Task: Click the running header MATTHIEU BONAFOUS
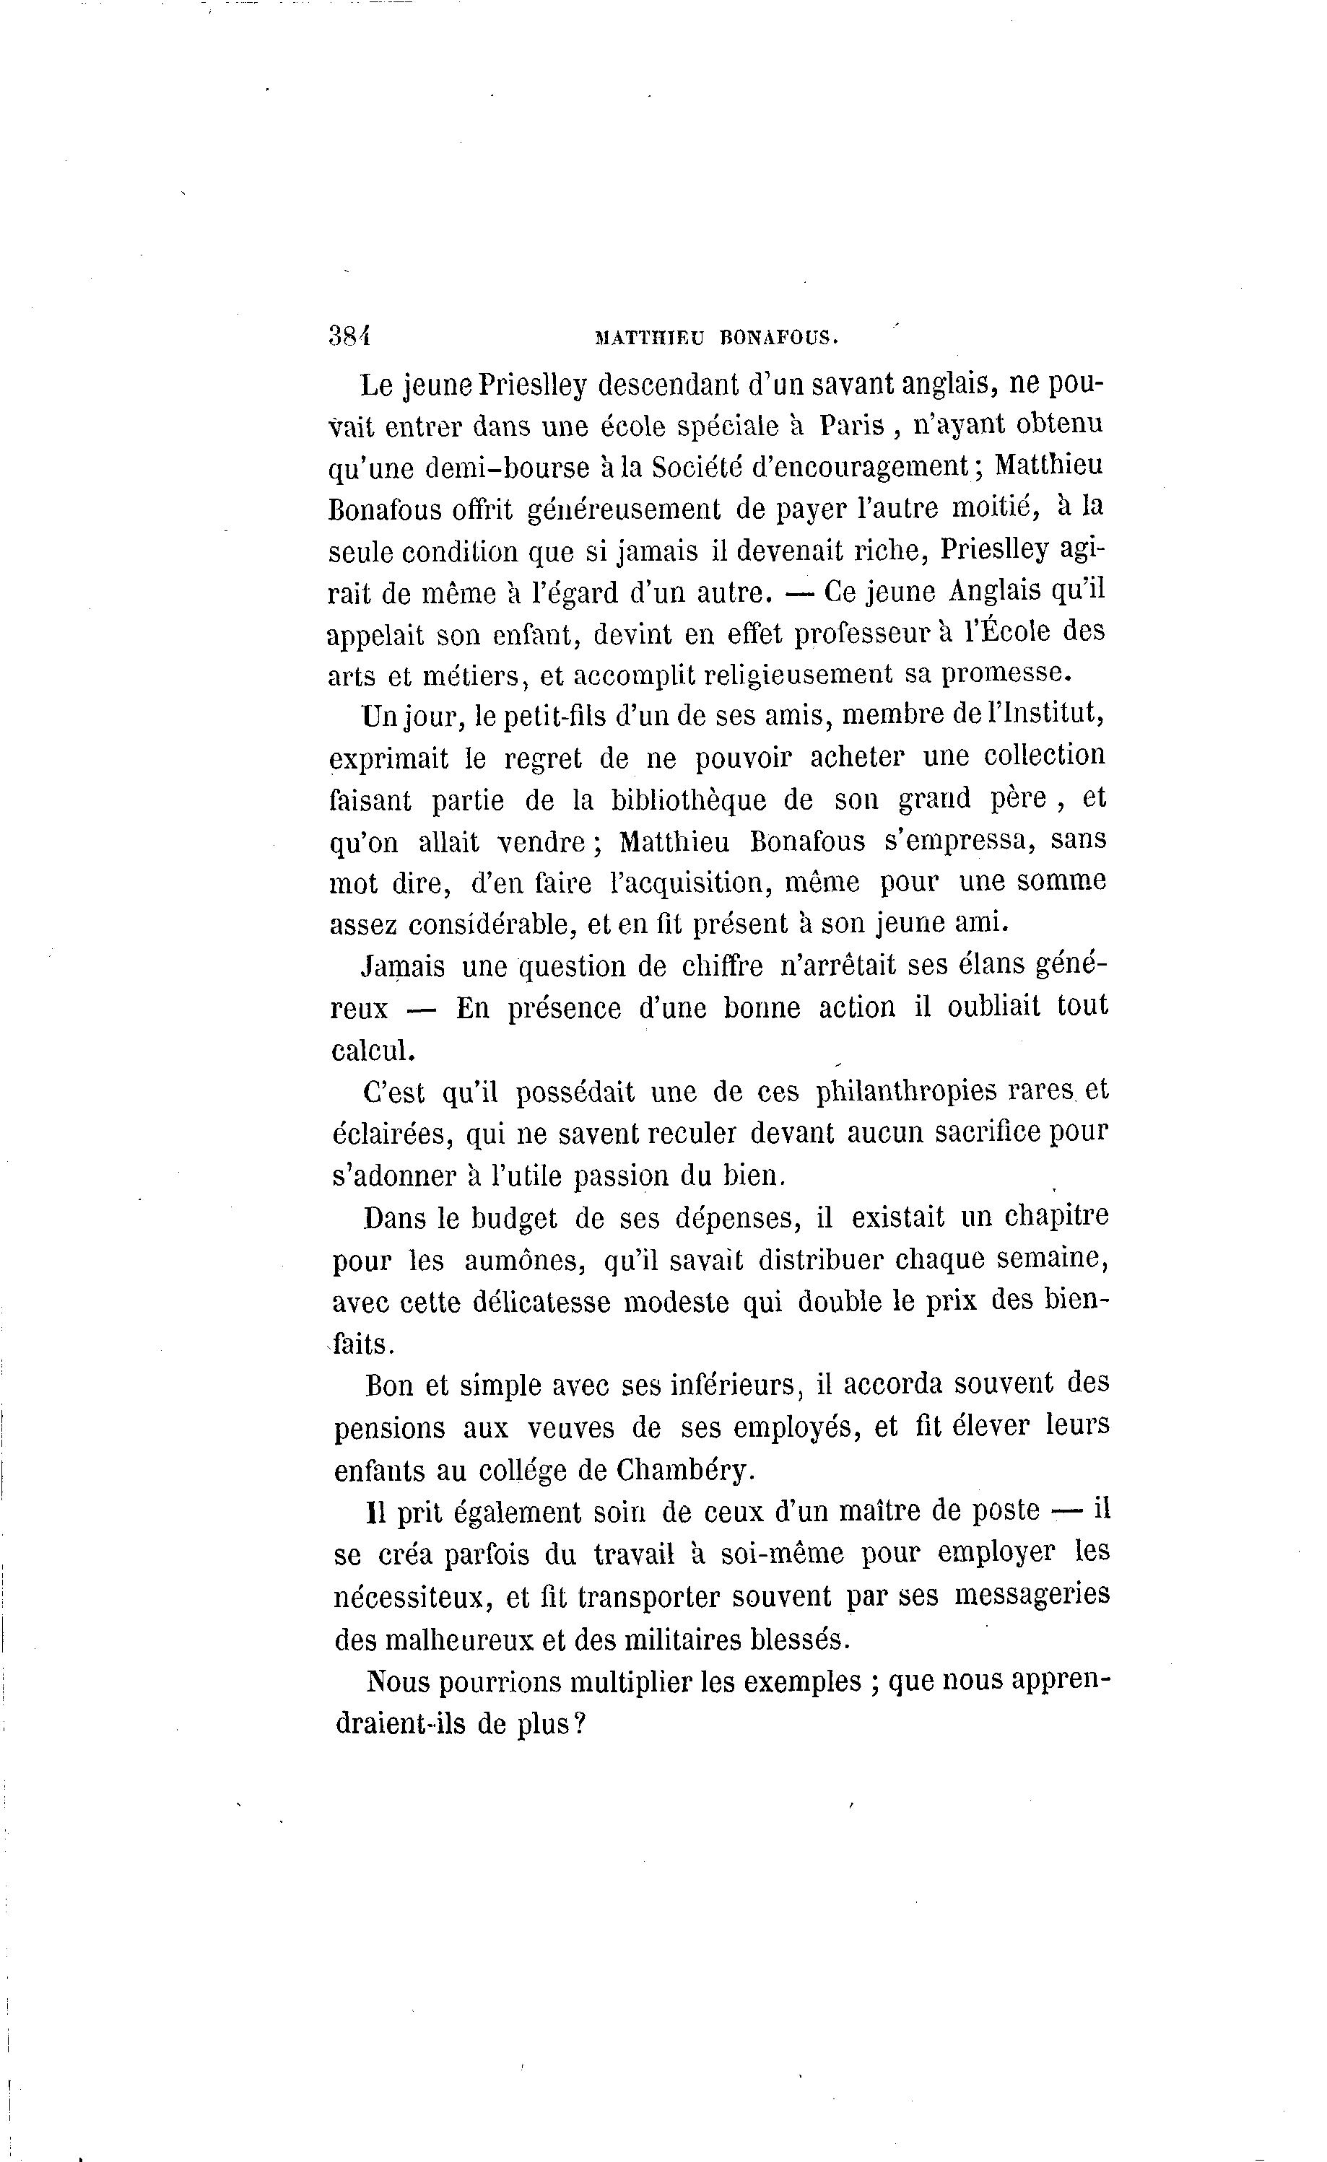point(717,336)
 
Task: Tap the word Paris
point(850,426)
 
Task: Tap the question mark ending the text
point(578,1723)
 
